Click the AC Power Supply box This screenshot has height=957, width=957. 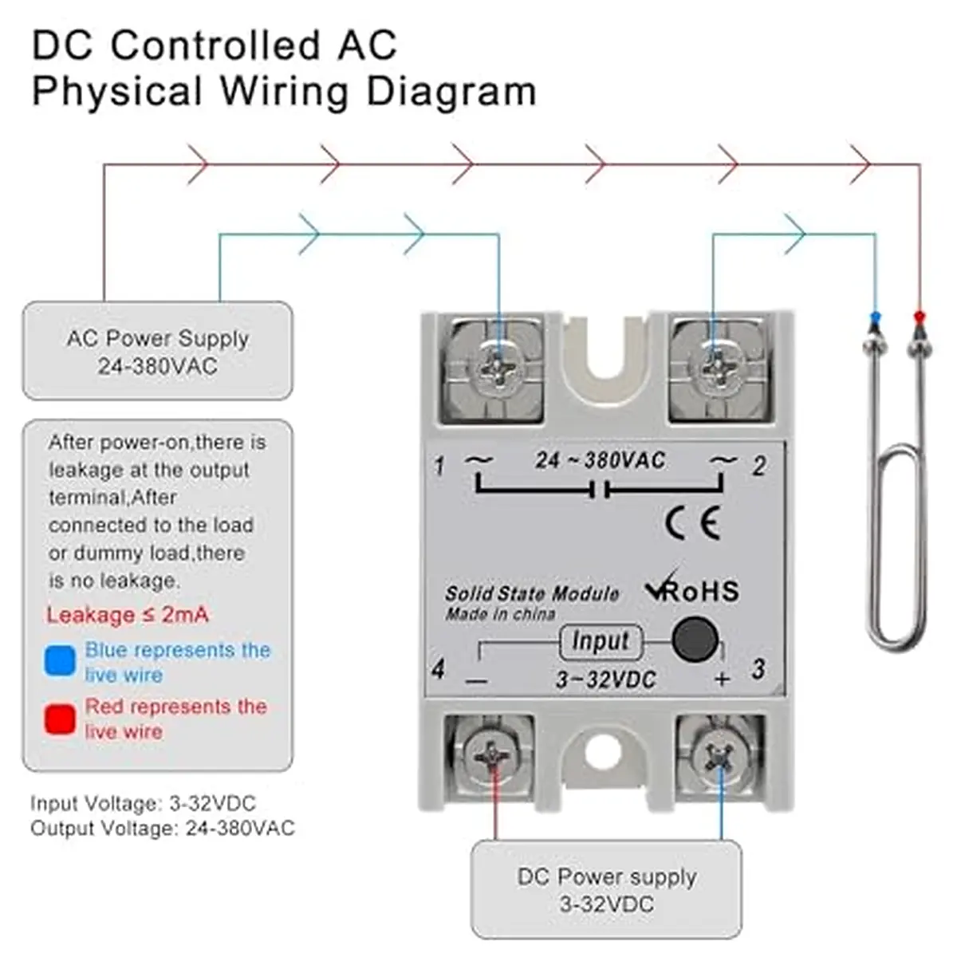point(157,350)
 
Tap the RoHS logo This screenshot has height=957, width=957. point(693,588)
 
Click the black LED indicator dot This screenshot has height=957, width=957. point(695,639)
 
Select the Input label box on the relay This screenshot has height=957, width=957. point(601,641)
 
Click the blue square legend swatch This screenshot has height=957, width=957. point(60,660)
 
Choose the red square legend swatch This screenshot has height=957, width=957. point(60,718)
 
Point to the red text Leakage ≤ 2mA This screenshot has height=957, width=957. point(128,615)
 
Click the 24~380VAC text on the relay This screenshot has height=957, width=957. point(600,460)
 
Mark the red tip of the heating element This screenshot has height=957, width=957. point(920,317)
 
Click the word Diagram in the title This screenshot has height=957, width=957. point(451,92)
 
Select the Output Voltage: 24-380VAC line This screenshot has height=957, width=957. point(163,828)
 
